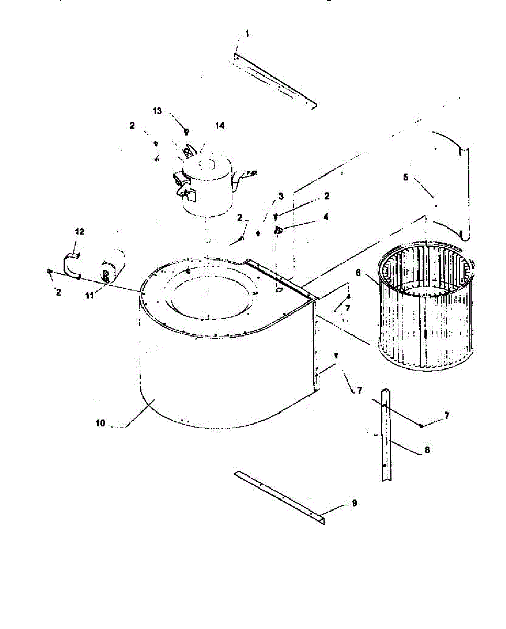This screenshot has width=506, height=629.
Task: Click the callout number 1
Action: pyautogui.click(x=247, y=34)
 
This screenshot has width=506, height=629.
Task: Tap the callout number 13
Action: pyautogui.click(x=157, y=111)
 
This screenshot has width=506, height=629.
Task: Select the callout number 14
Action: pyautogui.click(x=219, y=125)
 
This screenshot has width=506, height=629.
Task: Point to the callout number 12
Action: pyautogui.click(x=80, y=232)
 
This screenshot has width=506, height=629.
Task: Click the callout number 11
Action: pyautogui.click(x=90, y=295)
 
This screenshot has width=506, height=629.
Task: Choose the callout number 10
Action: pyautogui.click(x=100, y=423)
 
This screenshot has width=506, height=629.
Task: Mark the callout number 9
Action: pyautogui.click(x=354, y=503)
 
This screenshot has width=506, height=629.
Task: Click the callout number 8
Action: pyautogui.click(x=427, y=450)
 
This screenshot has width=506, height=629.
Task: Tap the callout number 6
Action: pyautogui.click(x=358, y=273)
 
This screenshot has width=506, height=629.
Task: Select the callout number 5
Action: pyautogui.click(x=405, y=177)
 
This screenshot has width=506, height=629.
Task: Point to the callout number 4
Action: pyautogui.click(x=326, y=217)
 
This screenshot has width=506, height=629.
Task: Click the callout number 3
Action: pyautogui.click(x=281, y=196)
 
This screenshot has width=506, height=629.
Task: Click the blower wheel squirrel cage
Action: pyautogui.click(x=425, y=306)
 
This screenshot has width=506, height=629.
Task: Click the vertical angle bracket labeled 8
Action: pyautogui.click(x=387, y=435)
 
